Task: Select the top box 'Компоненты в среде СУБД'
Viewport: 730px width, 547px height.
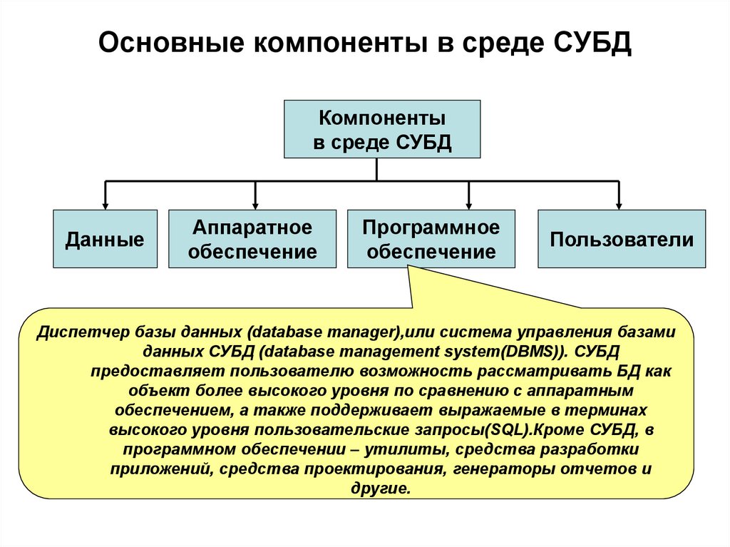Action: pyautogui.click(x=382, y=128)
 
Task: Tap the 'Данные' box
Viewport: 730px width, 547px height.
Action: pyautogui.click(x=105, y=239)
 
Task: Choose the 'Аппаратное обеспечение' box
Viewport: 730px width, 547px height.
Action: pyautogui.click(x=252, y=239)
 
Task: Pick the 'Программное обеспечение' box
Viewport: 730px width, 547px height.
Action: pyautogui.click(x=431, y=239)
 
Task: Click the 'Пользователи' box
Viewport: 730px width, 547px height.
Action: pyautogui.click(x=621, y=239)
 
